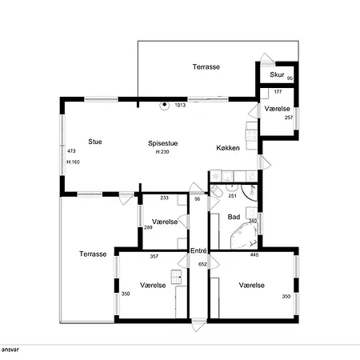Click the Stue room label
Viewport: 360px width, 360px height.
coord(95,142)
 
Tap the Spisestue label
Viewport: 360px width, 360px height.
coord(163,143)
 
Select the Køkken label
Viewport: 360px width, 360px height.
coord(228,148)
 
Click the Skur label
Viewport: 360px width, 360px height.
coord(277,74)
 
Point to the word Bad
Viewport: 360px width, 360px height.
coord(234,217)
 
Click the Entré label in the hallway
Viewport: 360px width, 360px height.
coord(198,251)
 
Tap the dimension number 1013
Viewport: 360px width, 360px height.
coord(180,105)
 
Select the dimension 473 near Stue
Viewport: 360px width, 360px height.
coord(71,151)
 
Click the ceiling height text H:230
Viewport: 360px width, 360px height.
coord(162,152)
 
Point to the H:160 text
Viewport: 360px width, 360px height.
coord(73,162)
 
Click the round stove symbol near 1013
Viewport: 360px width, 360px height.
coord(165,105)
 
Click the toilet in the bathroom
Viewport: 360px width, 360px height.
coord(215,191)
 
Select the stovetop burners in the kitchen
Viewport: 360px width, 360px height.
coord(251,134)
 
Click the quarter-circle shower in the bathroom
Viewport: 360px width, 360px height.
coord(250,193)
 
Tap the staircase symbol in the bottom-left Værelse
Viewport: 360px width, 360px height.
coord(176,278)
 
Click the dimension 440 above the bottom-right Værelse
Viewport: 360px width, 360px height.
coord(254,255)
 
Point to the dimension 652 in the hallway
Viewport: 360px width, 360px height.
coord(202,264)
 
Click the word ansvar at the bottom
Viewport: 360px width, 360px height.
coord(10,350)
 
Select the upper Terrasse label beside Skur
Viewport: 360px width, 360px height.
coord(206,67)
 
